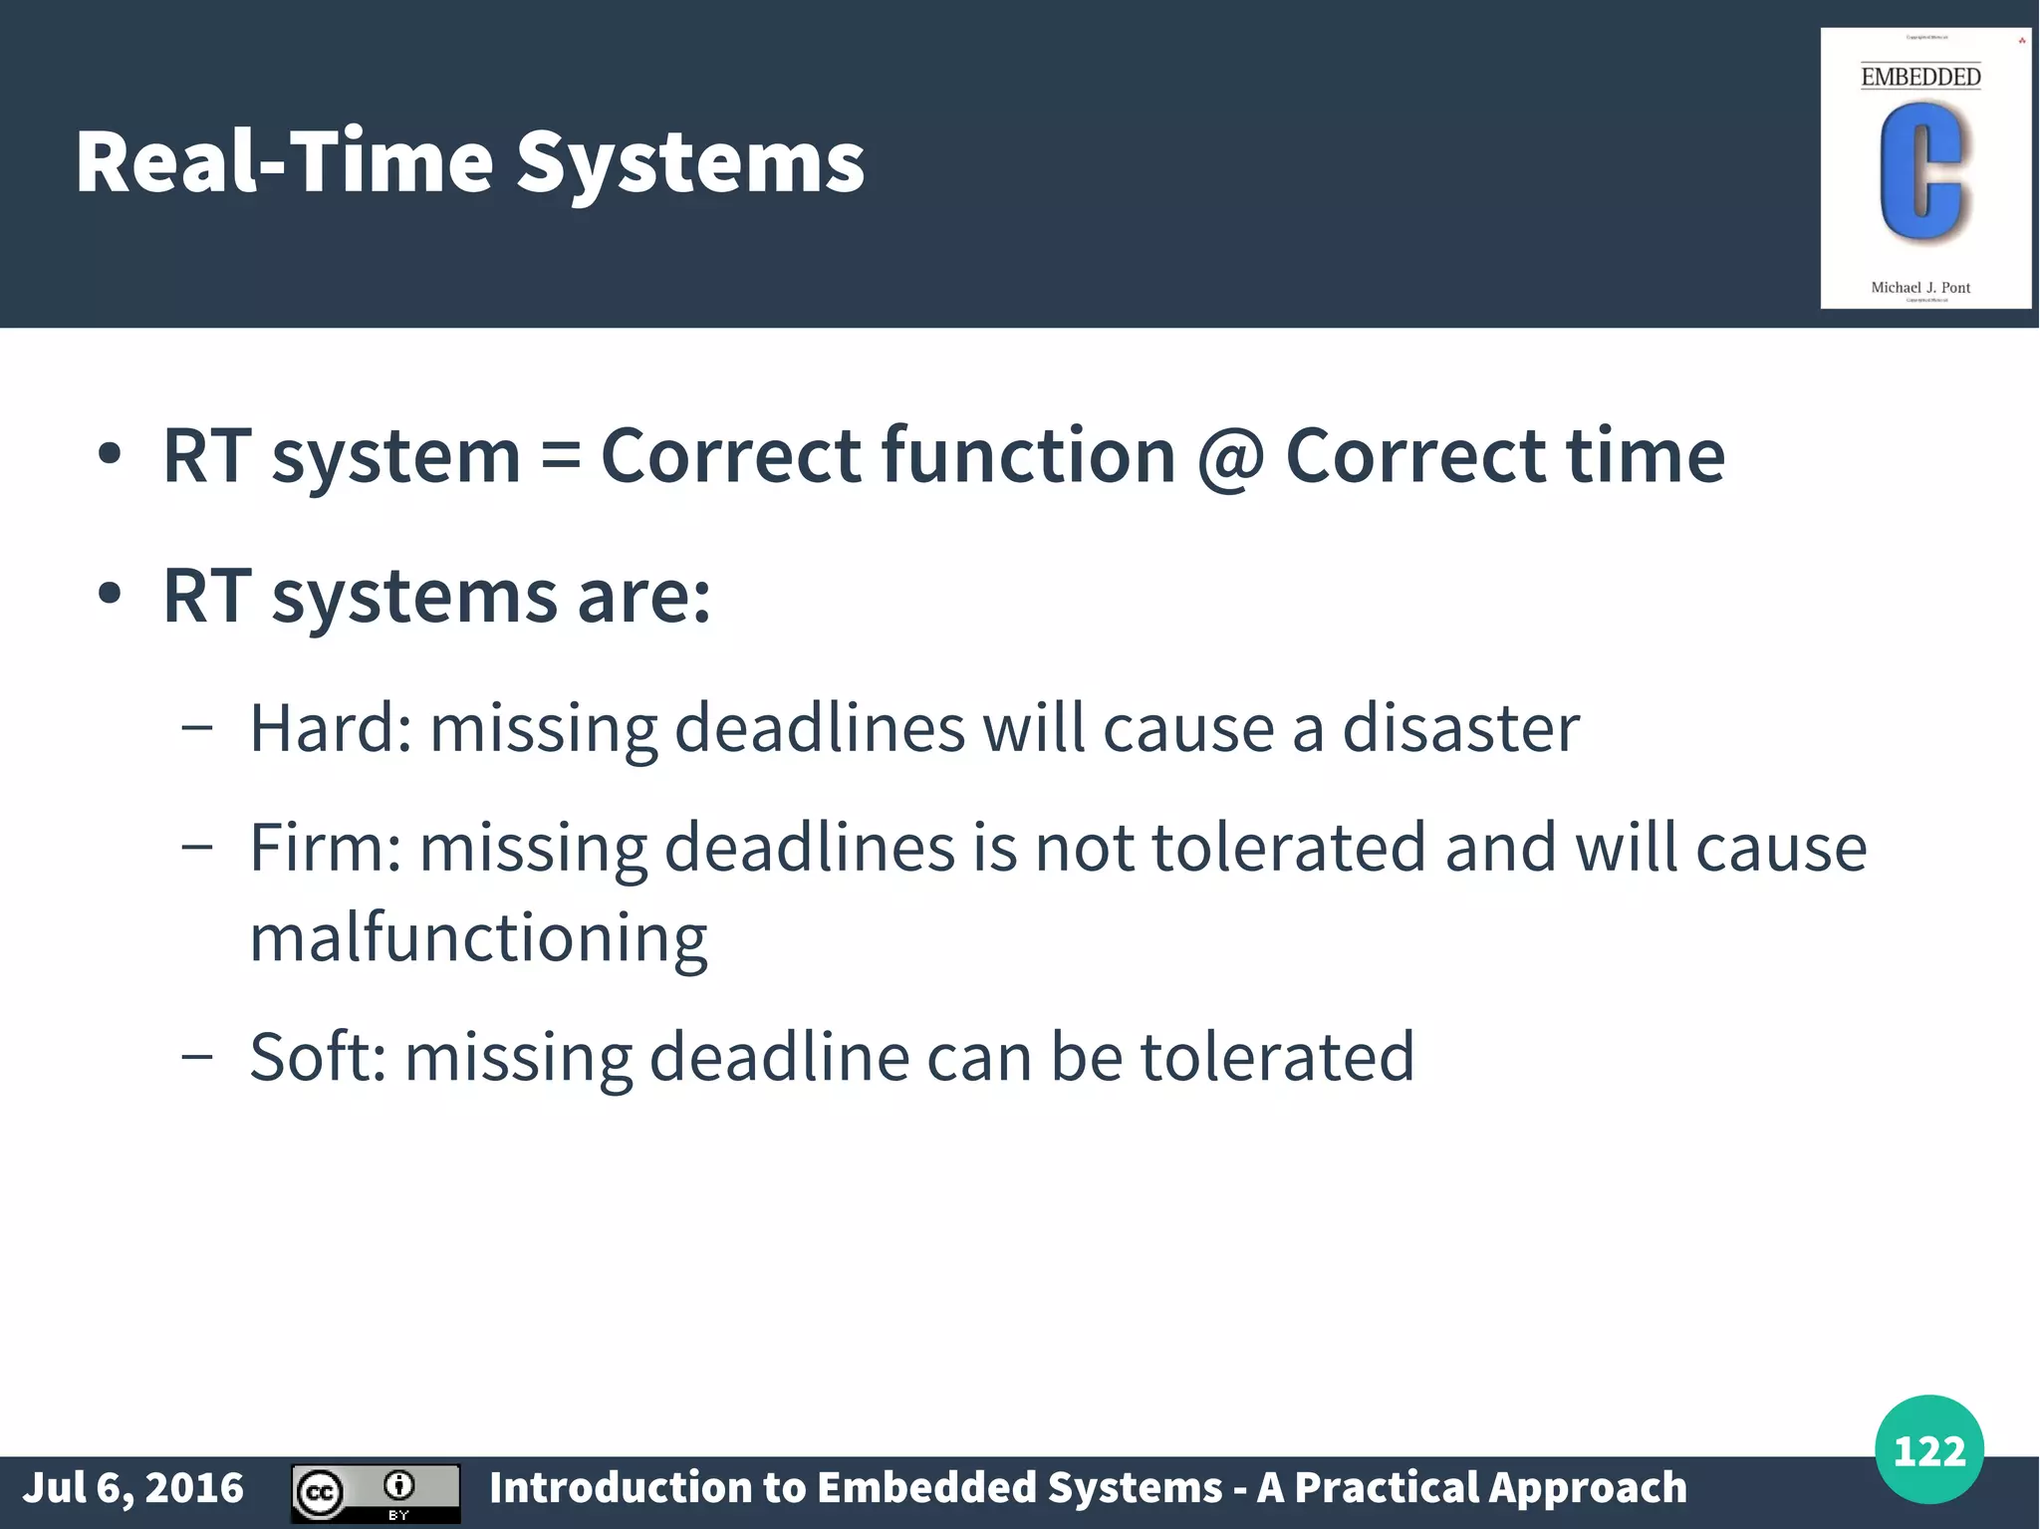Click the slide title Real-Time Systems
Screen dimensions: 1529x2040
click(x=469, y=162)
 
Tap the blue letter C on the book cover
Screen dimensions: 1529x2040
click(x=1919, y=172)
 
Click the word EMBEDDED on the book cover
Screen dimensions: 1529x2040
click(x=1920, y=77)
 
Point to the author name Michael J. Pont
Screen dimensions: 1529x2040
click(x=1920, y=288)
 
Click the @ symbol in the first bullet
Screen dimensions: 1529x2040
click(x=1230, y=457)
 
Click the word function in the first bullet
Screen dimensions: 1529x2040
click(x=1029, y=455)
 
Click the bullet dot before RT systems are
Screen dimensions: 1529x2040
click(x=110, y=595)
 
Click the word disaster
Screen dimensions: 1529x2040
click(x=1460, y=727)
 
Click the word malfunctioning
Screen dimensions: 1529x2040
click(x=478, y=938)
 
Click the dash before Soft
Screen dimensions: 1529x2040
click(x=197, y=1056)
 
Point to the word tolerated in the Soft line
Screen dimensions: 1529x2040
click(x=1277, y=1056)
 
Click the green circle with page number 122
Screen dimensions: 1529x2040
click(x=1928, y=1449)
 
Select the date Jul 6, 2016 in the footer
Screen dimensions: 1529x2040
click(x=132, y=1488)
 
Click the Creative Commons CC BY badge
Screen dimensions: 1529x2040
click(x=376, y=1493)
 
